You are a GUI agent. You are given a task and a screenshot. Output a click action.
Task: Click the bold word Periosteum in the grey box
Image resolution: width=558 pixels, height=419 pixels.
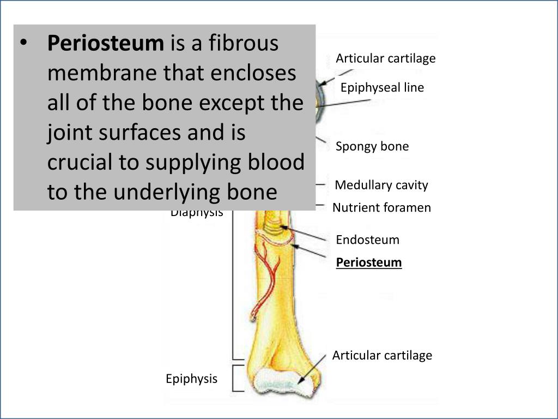coord(105,44)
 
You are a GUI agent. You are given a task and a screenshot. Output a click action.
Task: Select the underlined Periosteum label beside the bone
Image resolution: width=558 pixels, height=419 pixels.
coord(369,262)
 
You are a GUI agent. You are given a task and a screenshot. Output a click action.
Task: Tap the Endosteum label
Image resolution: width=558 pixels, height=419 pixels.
coord(367,240)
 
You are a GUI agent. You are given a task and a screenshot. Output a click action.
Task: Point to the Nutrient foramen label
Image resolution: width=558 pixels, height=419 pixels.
coord(381,207)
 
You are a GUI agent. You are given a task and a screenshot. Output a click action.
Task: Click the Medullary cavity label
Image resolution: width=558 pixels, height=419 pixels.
coord(381,185)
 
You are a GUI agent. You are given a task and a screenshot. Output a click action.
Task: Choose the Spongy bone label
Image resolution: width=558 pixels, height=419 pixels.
coord(372,146)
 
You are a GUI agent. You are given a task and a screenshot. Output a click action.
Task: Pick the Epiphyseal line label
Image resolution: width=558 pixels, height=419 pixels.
coord(382,87)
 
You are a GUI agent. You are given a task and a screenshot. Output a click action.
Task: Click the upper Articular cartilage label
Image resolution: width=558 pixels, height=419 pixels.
coord(386,58)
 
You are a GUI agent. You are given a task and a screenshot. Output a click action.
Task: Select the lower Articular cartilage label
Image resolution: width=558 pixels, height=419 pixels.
coord(382,356)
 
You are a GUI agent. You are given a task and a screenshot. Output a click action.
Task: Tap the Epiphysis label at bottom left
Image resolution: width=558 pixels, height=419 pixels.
coord(191,379)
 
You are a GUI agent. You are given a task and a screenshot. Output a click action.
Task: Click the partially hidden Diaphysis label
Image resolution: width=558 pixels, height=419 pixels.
coord(197,213)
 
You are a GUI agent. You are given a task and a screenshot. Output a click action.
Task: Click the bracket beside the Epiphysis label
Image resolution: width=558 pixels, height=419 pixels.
coord(236,378)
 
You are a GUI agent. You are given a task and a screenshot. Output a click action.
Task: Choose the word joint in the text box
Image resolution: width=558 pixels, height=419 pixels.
coord(70,133)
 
